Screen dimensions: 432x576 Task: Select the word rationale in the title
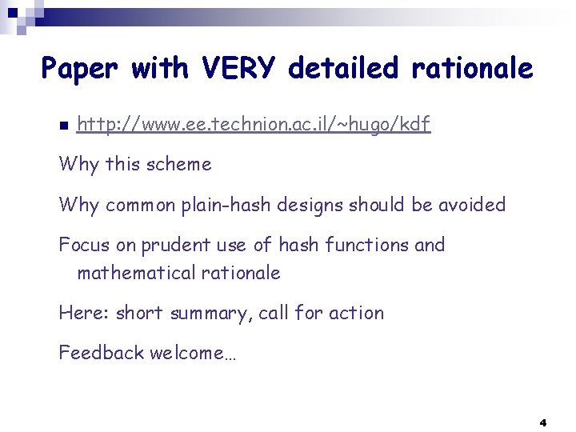coord(471,69)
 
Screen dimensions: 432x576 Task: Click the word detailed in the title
coord(342,69)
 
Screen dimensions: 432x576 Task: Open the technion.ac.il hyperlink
coord(254,124)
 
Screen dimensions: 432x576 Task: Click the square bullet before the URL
coord(63,126)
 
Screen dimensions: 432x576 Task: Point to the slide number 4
coord(543,422)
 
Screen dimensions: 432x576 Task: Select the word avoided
coord(472,205)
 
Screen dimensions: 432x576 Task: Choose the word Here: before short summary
coord(84,313)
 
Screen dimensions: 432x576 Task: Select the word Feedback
coord(101,353)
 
